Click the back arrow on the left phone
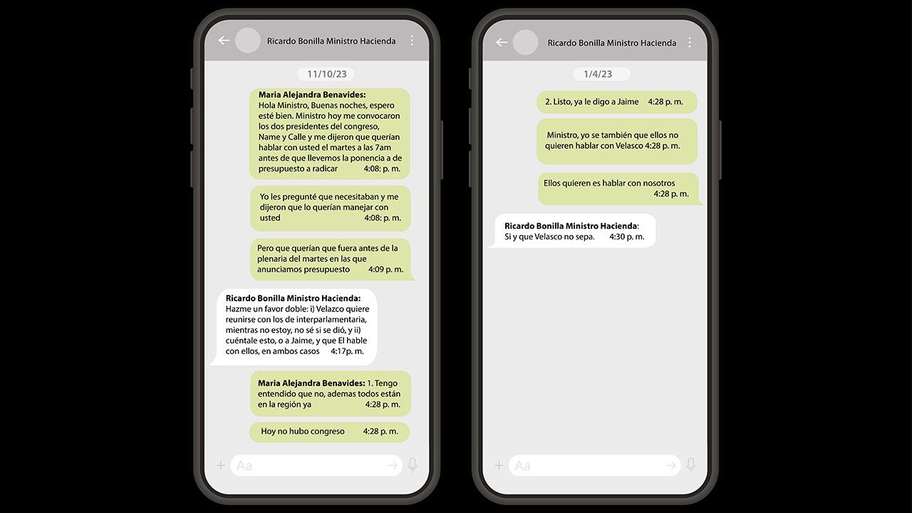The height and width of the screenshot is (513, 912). click(x=224, y=41)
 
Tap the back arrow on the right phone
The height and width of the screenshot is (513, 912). click(x=502, y=42)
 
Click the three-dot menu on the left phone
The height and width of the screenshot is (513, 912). click(x=412, y=41)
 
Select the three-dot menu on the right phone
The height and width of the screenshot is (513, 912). click(x=690, y=42)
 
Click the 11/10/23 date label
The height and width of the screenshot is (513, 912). click(x=326, y=74)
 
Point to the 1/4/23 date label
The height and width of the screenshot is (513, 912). click(x=602, y=74)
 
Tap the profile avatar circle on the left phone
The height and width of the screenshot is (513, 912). click(x=248, y=41)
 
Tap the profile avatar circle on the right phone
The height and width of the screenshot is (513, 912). click(x=526, y=42)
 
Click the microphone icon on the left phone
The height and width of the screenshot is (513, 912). click(x=412, y=465)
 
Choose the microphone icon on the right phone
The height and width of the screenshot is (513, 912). click(x=690, y=465)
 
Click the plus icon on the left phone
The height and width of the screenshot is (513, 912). click(x=221, y=465)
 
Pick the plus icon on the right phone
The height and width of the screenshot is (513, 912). click(x=499, y=465)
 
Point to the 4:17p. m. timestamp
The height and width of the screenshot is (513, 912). click(x=347, y=351)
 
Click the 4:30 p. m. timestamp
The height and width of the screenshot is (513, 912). click(x=626, y=237)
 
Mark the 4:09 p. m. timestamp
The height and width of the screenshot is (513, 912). click(x=385, y=269)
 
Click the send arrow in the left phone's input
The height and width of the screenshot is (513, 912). click(x=392, y=465)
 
